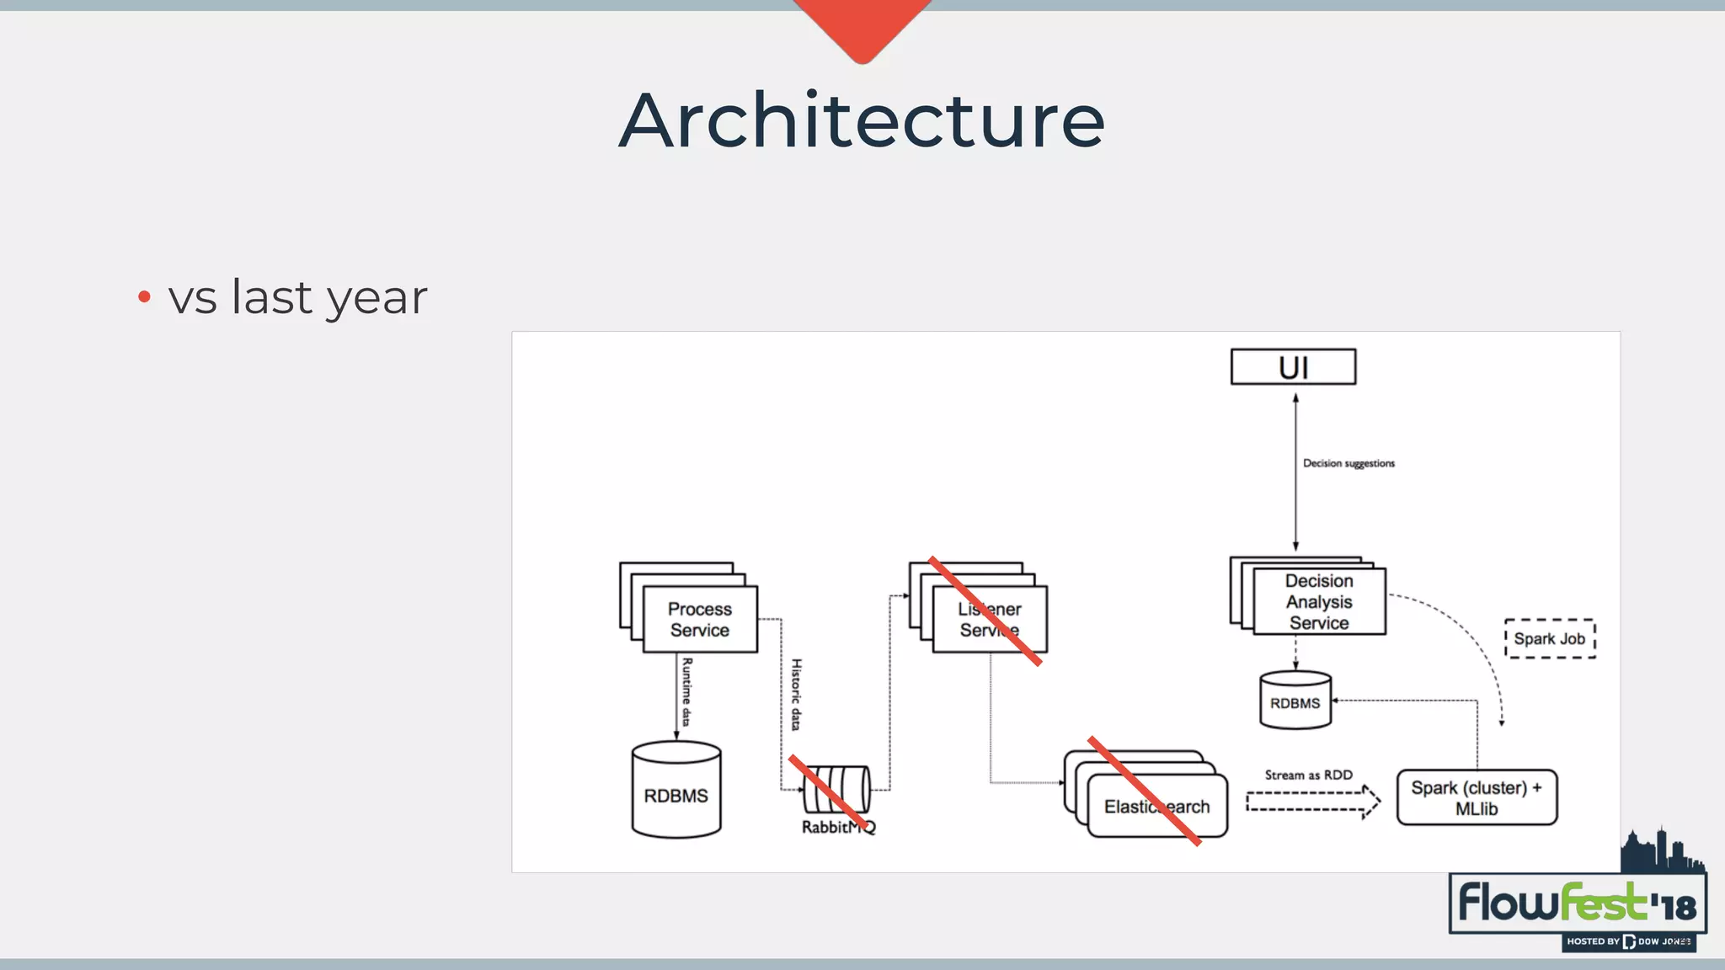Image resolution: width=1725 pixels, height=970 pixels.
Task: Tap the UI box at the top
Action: (1293, 367)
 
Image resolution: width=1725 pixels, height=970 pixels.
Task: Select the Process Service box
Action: (699, 619)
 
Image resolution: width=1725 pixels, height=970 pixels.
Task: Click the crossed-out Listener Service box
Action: (989, 619)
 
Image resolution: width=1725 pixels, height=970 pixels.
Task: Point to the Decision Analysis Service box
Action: (1318, 601)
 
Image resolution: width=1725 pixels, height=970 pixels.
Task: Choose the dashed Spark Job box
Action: (1549, 638)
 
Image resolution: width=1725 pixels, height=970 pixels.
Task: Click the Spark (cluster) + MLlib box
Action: (1477, 797)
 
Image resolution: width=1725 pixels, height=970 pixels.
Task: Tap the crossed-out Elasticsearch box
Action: (1156, 806)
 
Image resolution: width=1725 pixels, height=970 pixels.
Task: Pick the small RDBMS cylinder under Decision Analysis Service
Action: (1295, 701)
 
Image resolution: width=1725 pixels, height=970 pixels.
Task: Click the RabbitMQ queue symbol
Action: (836, 789)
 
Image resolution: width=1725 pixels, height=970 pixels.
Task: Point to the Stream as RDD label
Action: (1308, 775)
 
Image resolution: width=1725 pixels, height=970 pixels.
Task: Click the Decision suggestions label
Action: (1348, 463)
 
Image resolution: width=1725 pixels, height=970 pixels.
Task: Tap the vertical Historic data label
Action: (796, 694)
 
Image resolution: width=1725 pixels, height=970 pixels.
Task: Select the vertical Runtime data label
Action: (686, 691)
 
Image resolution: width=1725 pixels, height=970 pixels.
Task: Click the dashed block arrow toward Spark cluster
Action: (1312, 802)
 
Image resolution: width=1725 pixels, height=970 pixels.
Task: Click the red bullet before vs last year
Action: (144, 296)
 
